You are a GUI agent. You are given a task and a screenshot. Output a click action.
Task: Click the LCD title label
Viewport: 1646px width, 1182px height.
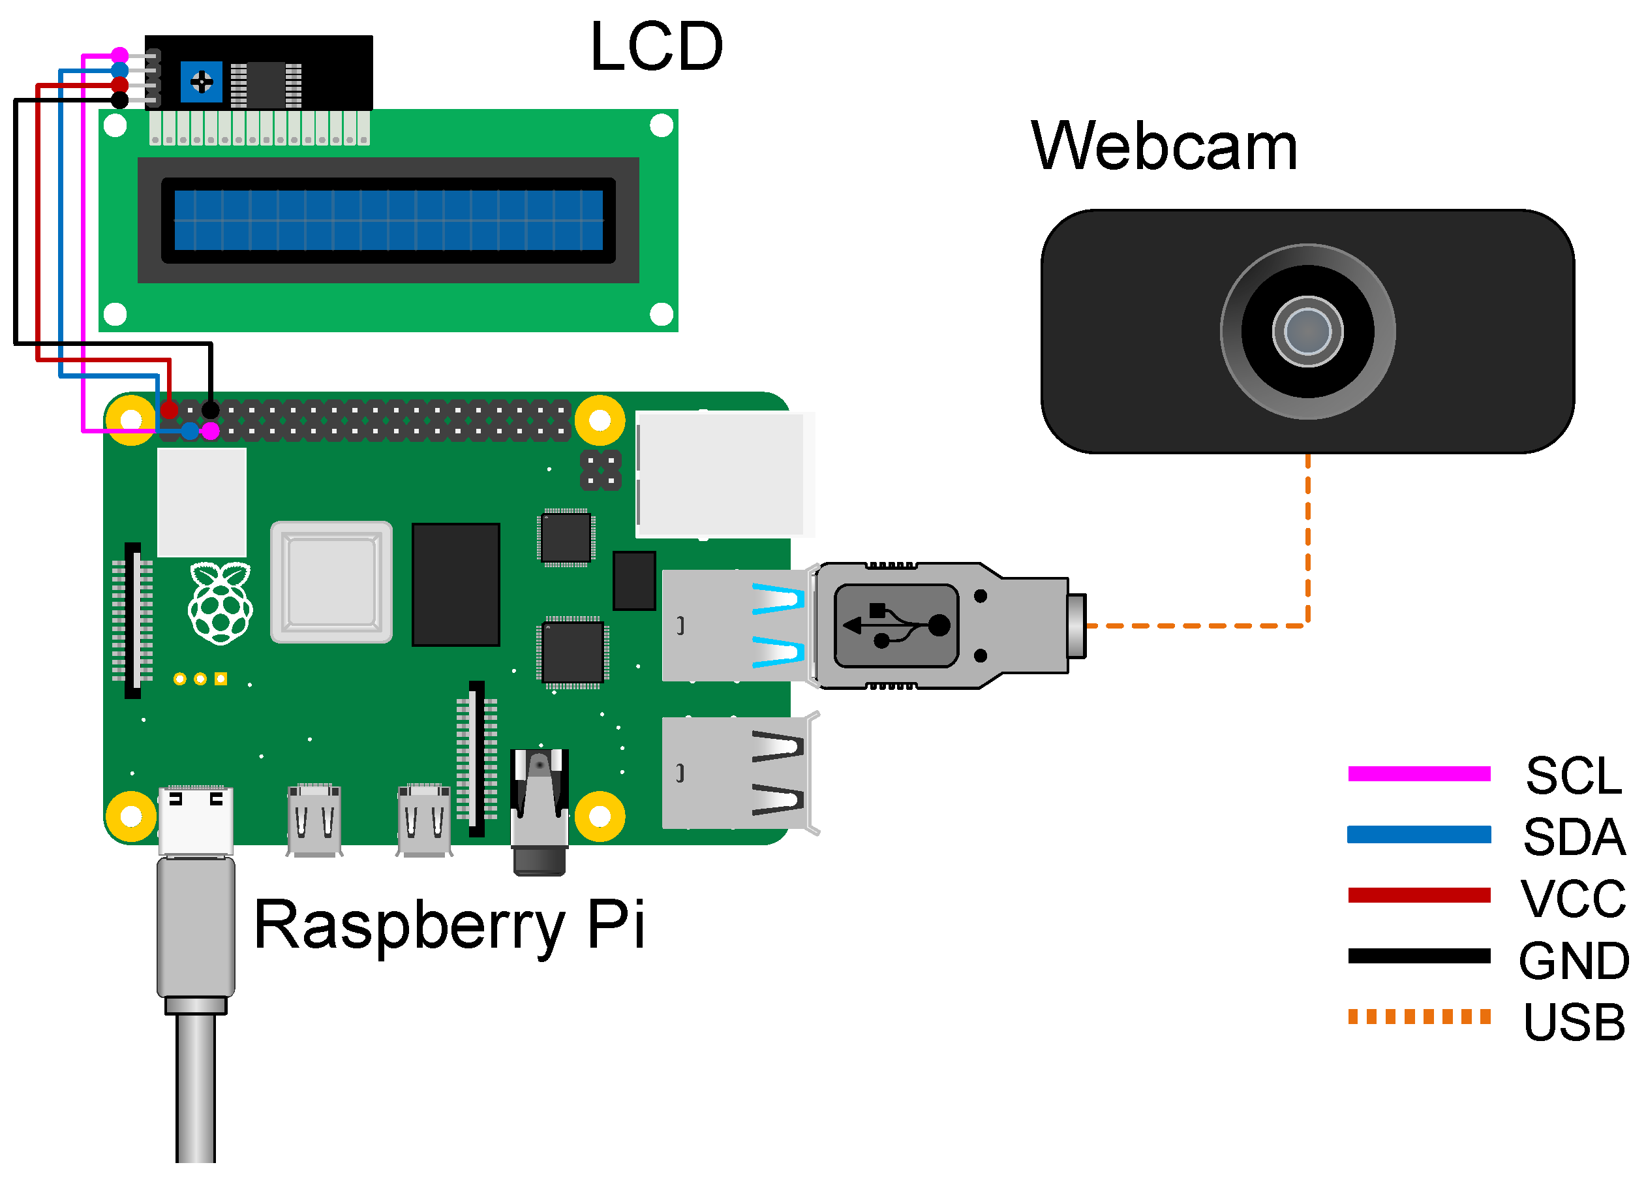pos(656,47)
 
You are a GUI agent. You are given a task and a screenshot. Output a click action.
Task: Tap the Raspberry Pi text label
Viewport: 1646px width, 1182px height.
pos(450,925)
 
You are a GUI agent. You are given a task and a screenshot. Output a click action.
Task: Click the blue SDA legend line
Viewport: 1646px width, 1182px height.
pos(1418,834)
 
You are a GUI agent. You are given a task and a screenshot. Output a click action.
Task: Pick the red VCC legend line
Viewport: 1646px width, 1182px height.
pos(1418,895)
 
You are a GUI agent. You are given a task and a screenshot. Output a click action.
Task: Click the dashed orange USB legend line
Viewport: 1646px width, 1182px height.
pos(1418,1016)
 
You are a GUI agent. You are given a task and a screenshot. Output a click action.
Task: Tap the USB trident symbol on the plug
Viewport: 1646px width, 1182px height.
pos(897,625)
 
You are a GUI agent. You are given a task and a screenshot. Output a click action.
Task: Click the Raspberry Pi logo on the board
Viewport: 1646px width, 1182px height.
pos(220,602)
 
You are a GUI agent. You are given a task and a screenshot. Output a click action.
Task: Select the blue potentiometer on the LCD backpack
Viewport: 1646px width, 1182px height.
pos(201,82)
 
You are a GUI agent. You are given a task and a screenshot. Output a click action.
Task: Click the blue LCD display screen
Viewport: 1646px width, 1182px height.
pos(388,220)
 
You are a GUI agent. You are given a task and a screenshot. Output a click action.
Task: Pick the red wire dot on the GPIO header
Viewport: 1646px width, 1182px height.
pos(169,411)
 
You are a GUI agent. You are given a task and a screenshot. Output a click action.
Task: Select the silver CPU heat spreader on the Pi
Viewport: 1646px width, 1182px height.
pos(331,582)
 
